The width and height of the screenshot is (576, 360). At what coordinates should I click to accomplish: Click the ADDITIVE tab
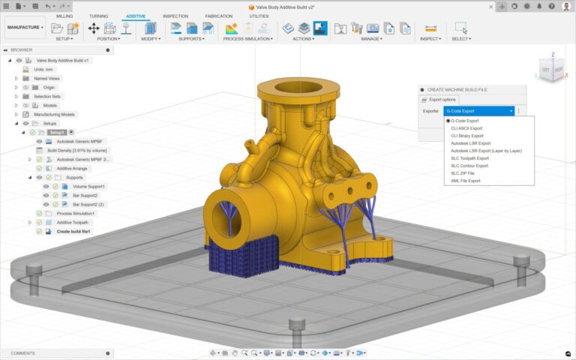tap(136, 16)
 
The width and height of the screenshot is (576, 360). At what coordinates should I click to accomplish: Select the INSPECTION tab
tap(175, 16)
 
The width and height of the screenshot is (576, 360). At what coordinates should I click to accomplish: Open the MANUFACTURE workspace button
tap(25, 28)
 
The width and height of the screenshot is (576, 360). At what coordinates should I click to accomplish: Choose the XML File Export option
tap(465, 181)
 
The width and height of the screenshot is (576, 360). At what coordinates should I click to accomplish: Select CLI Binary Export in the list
tap(467, 136)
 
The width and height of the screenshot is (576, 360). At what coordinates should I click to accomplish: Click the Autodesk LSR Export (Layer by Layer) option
tap(486, 151)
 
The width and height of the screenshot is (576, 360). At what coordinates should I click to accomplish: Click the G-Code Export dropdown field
tap(479, 111)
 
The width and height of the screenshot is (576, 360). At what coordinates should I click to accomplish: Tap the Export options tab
tap(442, 99)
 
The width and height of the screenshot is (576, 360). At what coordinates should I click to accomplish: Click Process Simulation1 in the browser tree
tap(76, 213)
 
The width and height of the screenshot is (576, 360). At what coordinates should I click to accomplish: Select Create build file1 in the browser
tap(73, 231)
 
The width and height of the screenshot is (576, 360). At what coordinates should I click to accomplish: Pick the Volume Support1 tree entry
tap(89, 186)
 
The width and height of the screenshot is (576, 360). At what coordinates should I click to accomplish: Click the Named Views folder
tap(46, 78)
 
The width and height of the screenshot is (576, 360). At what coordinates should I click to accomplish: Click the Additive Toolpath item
tap(73, 222)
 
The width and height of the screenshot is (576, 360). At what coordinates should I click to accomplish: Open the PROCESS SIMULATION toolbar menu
tap(248, 39)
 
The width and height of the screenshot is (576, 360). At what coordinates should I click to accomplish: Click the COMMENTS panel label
tap(22, 353)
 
